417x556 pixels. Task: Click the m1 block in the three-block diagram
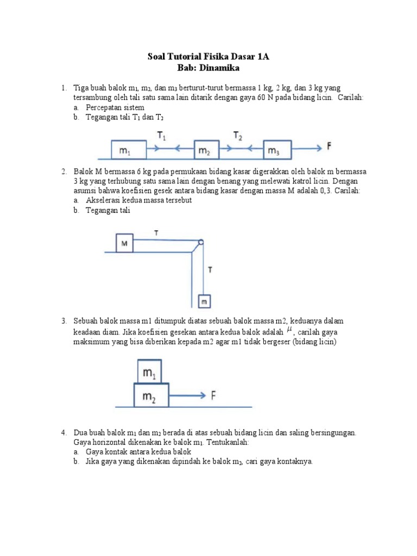pos(128,150)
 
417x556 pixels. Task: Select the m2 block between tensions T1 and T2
pos(205,150)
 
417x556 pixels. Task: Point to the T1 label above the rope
pos(161,136)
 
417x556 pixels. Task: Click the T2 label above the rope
pos(238,136)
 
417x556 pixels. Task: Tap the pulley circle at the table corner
pos(200,243)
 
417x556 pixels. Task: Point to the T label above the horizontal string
pos(156,233)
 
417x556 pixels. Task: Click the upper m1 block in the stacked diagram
pos(148,372)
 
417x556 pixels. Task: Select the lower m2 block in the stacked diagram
pos(150,396)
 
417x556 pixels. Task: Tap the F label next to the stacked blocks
pos(214,396)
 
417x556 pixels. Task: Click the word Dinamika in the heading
pos(219,68)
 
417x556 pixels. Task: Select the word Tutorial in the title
pos(186,56)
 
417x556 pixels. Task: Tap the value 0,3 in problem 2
pos(323,191)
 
